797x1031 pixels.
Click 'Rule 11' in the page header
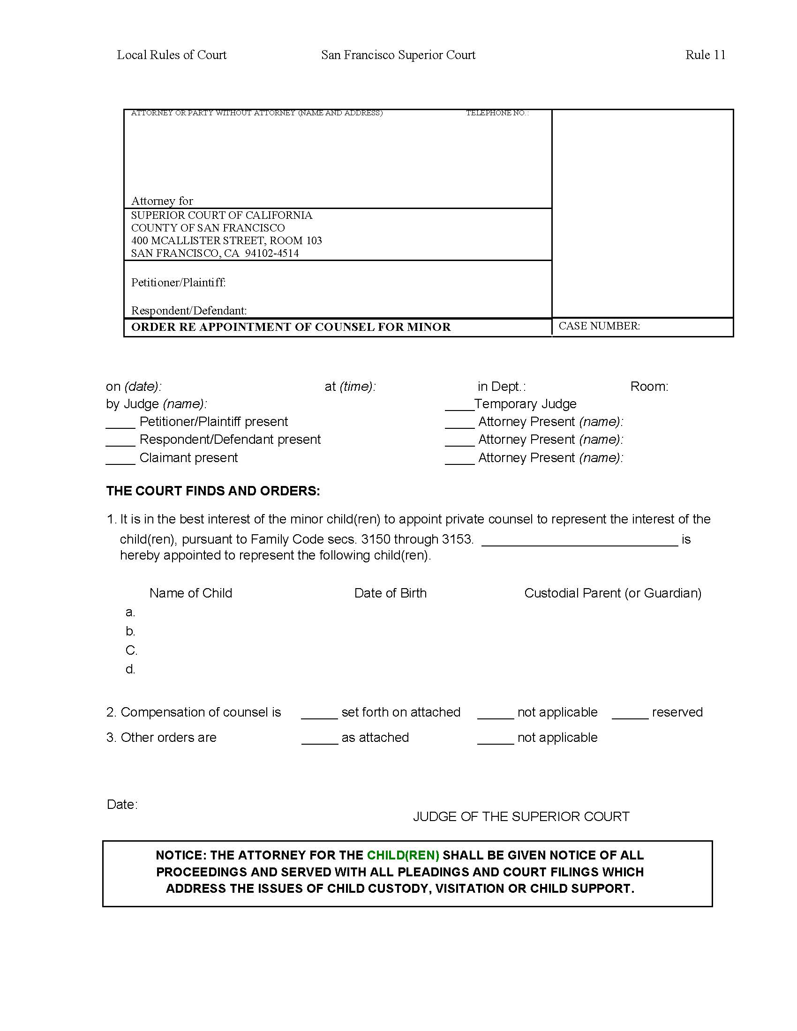click(705, 55)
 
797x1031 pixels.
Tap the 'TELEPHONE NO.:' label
click(496, 113)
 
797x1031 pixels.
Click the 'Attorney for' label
click(162, 201)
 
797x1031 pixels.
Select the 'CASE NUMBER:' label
click(599, 326)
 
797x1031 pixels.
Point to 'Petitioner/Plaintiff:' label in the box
click(178, 282)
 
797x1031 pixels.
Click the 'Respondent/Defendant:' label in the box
click(189, 310)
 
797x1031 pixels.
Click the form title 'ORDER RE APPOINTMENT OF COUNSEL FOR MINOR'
click(290, 327)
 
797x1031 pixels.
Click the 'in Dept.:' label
click(502, 386)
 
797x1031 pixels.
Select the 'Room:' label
click(649, 386)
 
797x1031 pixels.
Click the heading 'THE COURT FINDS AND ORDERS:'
click(213, 491)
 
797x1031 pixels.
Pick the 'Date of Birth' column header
click(390, 593)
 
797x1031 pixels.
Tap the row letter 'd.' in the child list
click(130, 669)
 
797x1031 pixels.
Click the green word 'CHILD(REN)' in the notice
click(403, 855)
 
